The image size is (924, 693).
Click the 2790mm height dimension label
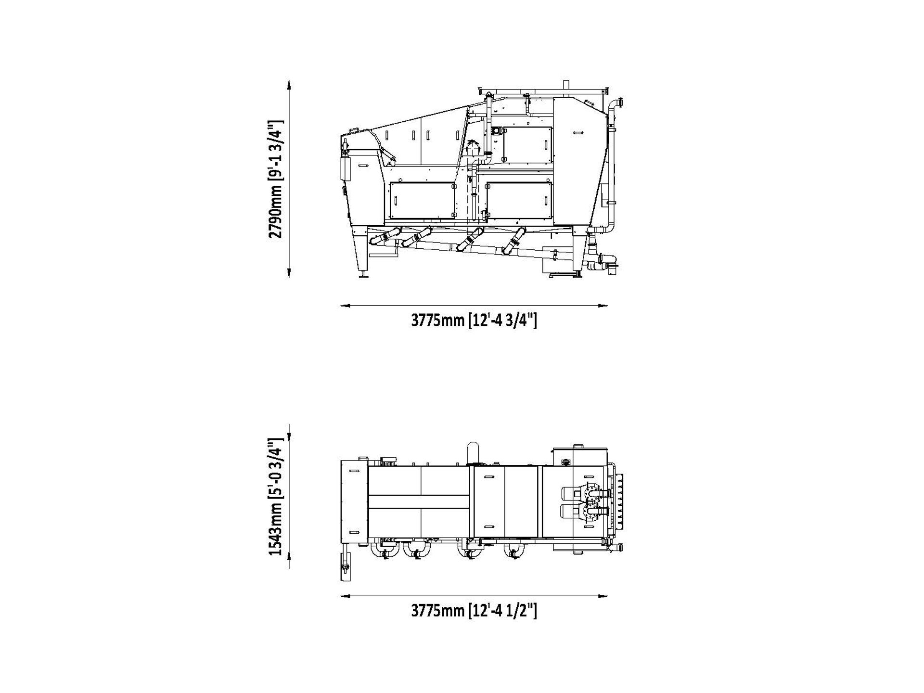click(x=276, y=179)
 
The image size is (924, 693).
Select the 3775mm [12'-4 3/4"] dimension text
click(x=474, y=320)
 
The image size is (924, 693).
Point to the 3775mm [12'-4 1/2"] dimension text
click(x=474, y=611)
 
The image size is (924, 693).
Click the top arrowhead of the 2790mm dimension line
click(x=289, y=86)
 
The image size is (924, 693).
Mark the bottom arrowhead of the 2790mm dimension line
click(x=289, y=272)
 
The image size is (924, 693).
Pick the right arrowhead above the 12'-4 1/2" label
click(x=602, y=596)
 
